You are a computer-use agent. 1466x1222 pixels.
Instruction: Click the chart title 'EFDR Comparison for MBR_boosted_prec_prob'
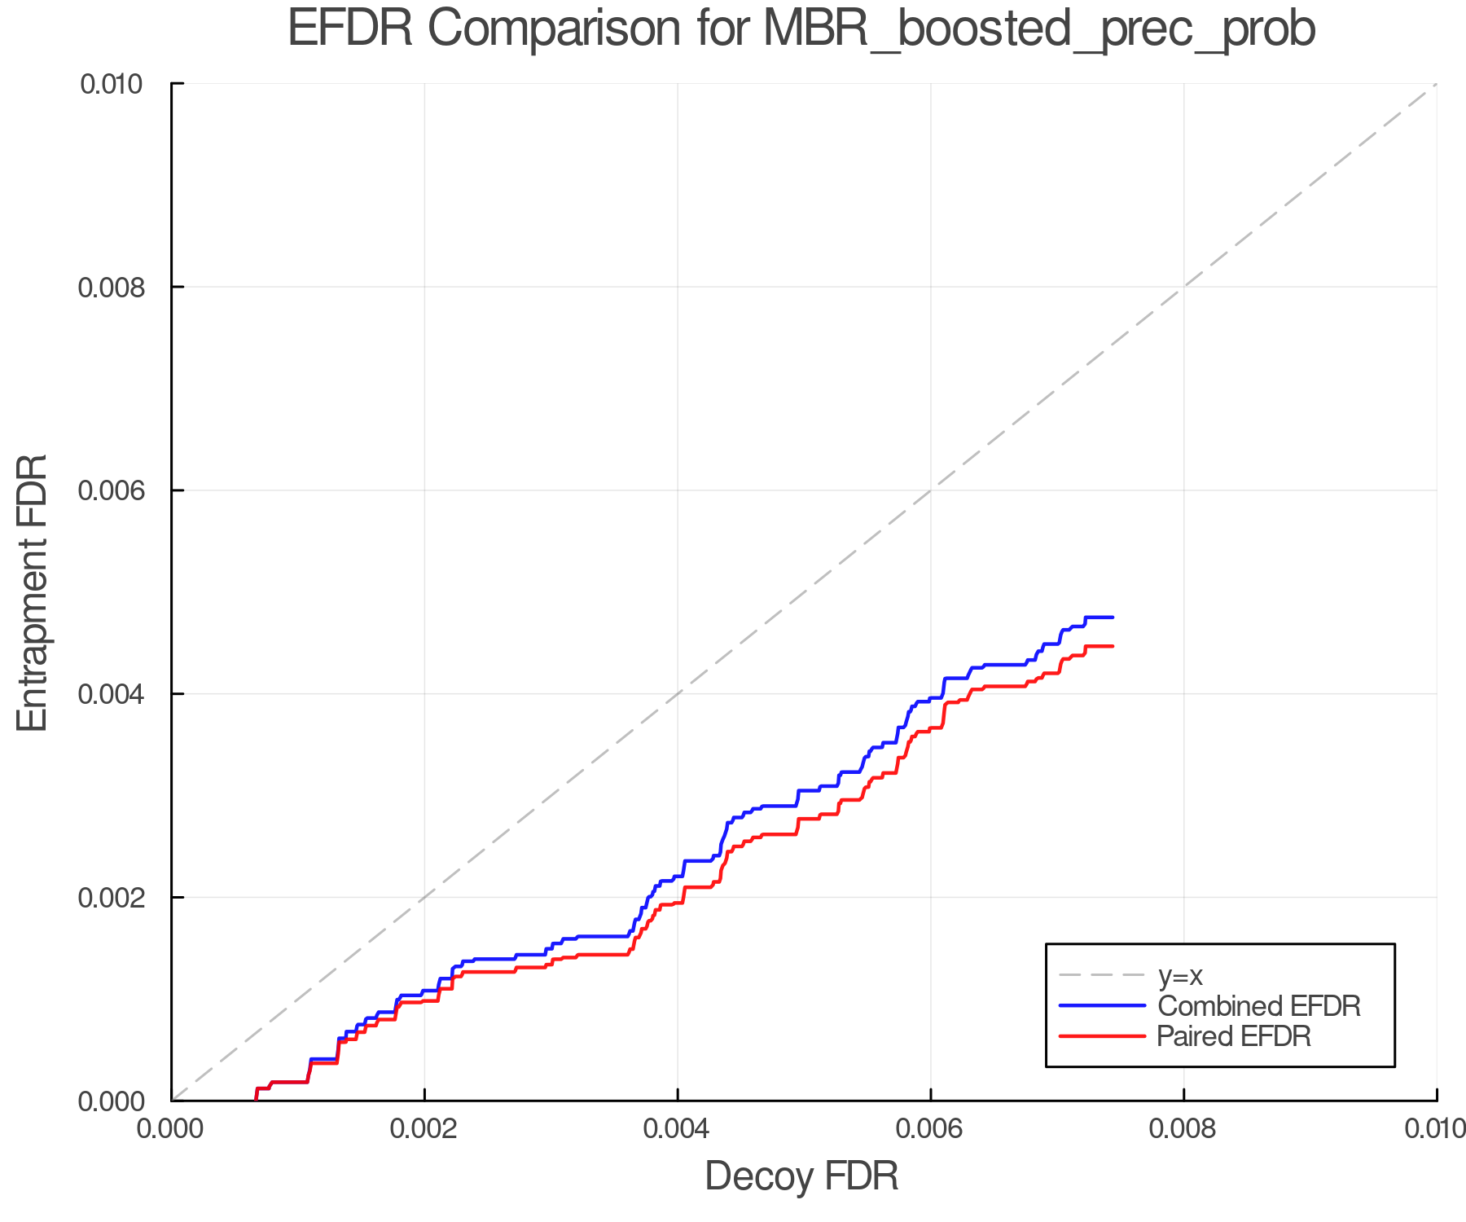click(801, 29)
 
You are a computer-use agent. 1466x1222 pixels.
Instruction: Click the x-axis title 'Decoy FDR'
click(801, 1176)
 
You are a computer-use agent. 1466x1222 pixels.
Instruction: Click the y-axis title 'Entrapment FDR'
click(33, 592)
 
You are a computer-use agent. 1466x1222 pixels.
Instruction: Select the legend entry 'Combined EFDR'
click(1258, 1006)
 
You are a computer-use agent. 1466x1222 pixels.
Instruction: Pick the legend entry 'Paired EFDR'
click(1234, 1036)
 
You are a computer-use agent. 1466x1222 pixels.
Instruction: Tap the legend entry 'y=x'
click(1180, 975)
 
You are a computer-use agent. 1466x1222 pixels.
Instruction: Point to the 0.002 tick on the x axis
click(424, 1128)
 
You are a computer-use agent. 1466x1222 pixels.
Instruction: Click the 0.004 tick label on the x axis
click(678, 1128)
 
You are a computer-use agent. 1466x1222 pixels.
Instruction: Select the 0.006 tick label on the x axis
click(930, 1128)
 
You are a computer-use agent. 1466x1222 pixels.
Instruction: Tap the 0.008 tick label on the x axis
click(1183, 1128)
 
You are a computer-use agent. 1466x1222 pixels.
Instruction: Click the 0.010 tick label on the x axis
click(1435, 1128)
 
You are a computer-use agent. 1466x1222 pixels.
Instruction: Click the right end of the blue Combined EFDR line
click(1112, 618)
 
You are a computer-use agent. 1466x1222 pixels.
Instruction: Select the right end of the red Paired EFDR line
click(1112, 646)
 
